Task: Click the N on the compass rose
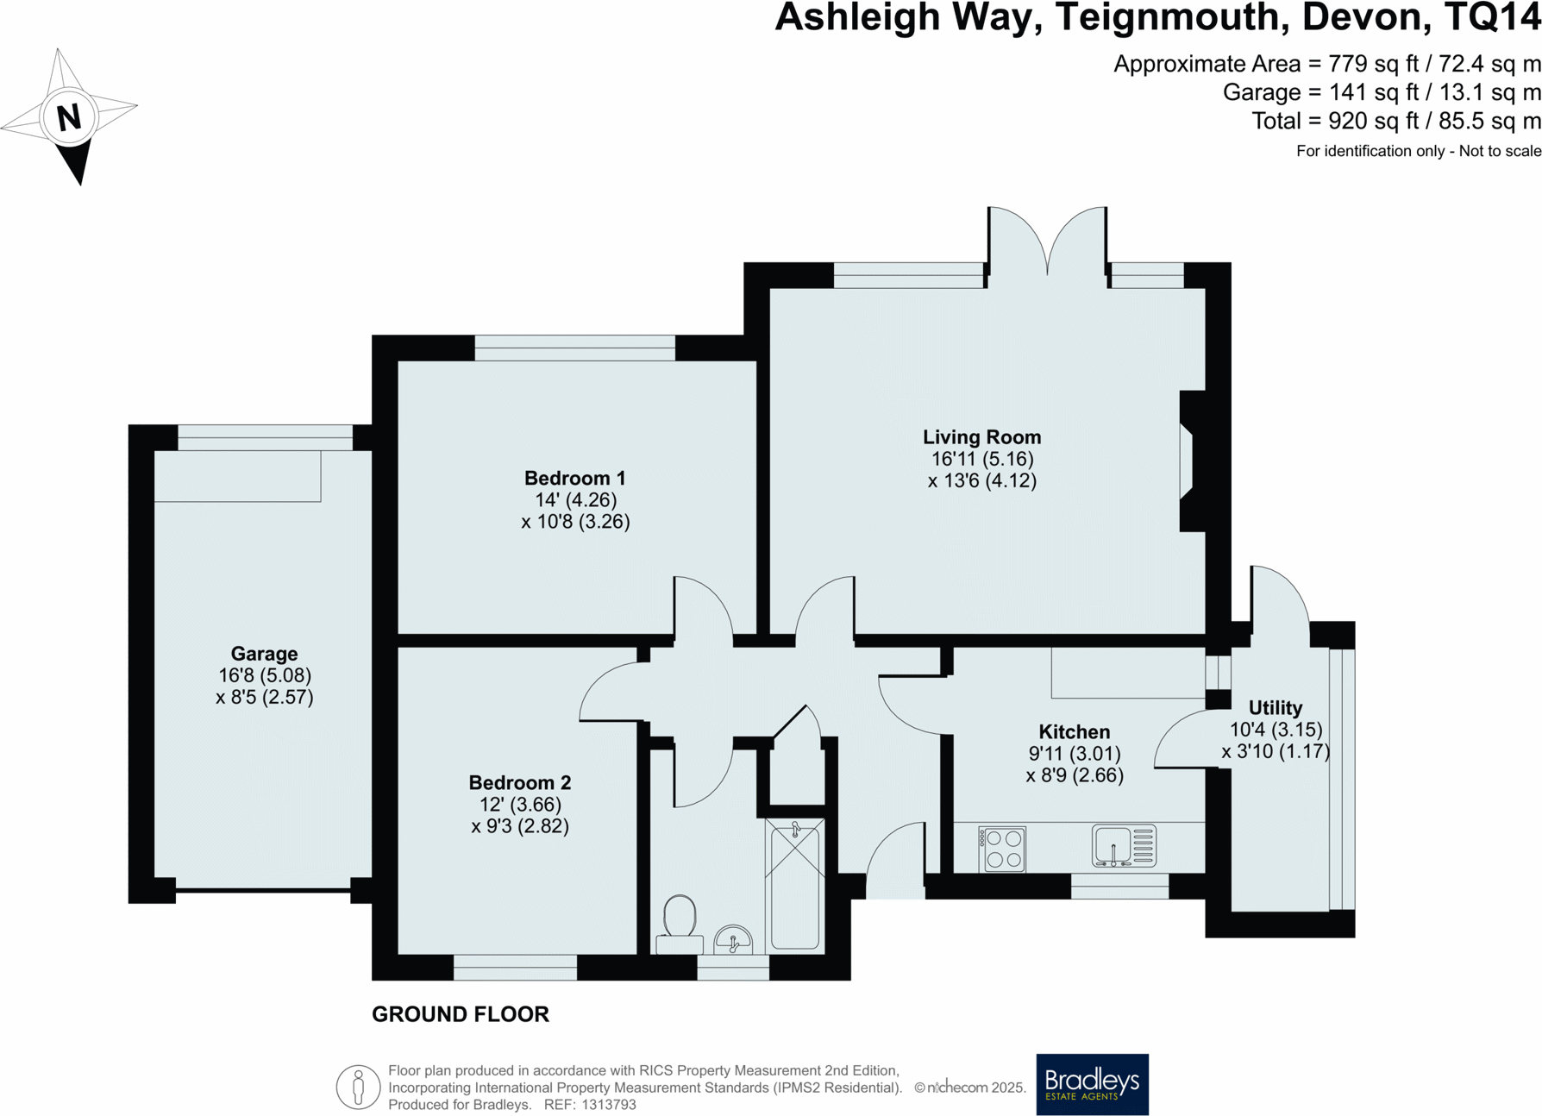68,116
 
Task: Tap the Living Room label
981,437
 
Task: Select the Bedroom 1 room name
574,478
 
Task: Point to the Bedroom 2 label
519,782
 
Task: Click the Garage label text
264,654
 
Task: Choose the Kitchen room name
1074,731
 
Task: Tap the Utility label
1275,708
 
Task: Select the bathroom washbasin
733,940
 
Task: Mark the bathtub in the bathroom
795,884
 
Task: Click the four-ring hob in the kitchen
1002,848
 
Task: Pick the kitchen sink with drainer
1123,846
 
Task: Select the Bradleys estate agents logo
1092,1084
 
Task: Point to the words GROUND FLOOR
460,1014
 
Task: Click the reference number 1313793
608,1105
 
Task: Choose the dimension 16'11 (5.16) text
981,459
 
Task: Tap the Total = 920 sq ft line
1395,121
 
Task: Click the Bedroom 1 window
574,348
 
